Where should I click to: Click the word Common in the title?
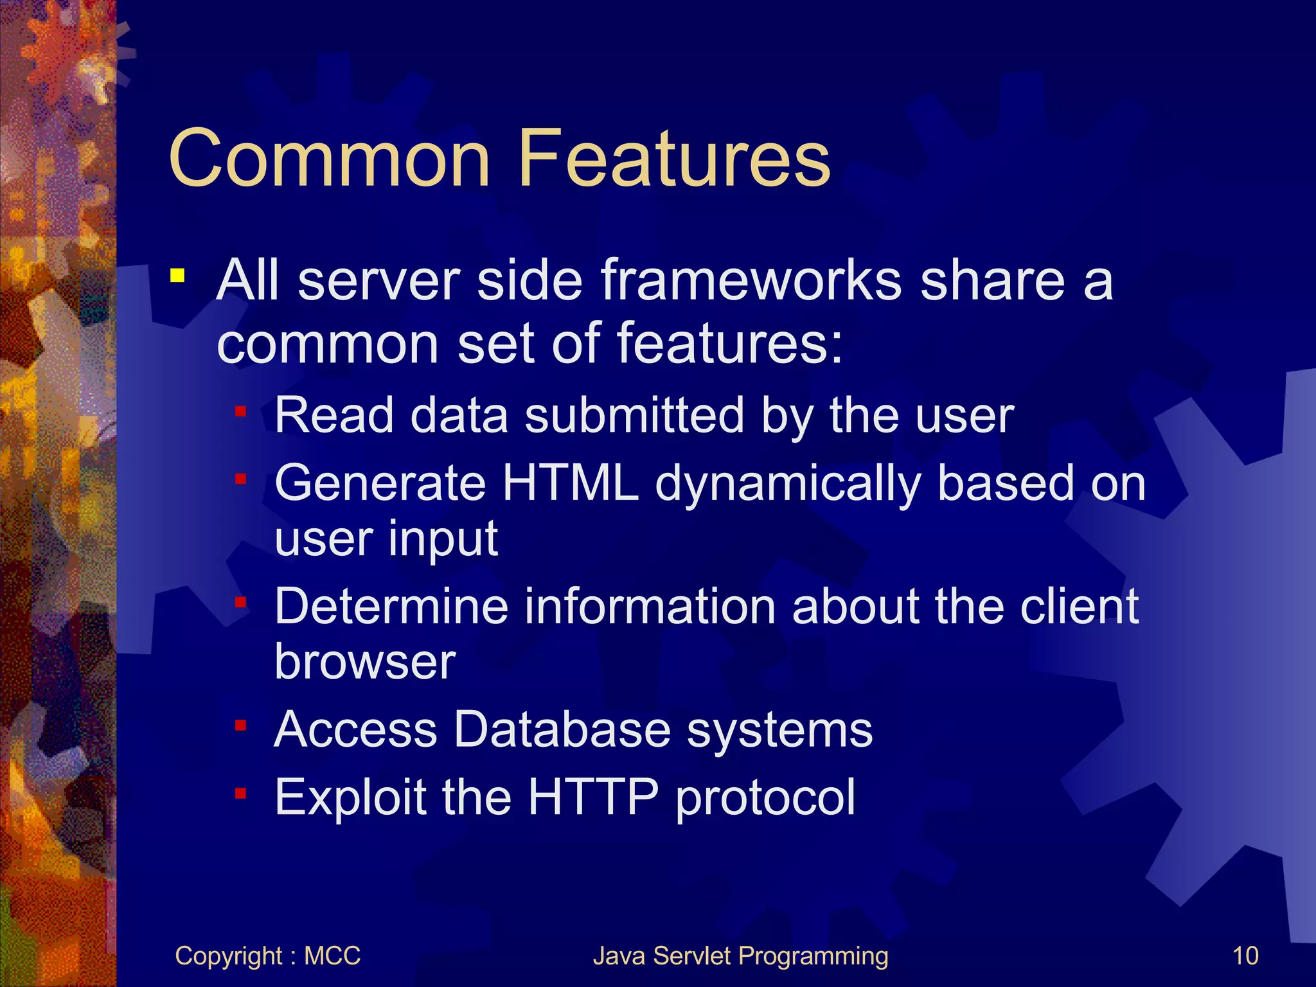pos(329,159)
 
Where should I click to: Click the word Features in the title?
pos(674,159)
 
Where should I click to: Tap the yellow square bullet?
pos(177,277)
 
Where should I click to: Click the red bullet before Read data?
pos(241,411)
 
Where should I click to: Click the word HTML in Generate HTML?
pos(570,483)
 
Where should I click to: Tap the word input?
pos(442,540)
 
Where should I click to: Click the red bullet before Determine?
pos(241,603)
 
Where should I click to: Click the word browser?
pos(365,661)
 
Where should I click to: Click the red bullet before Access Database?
pos(241,726)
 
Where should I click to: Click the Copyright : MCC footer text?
pos(267,956)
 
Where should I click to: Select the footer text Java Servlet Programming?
pos(740,956)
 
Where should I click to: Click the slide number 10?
pos(1245,956)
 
